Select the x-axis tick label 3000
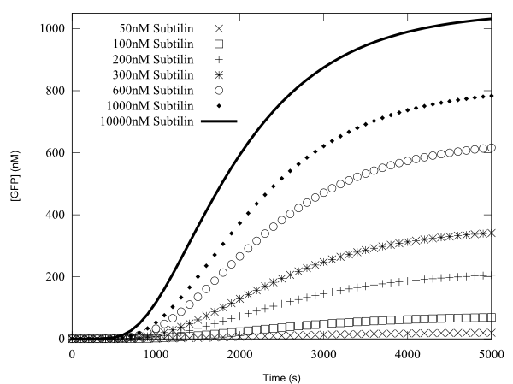[x=323, y=353]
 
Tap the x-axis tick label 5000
[x=491, y=353]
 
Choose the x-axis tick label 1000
[x=156, y=353]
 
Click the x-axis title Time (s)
[x=281, y=374]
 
